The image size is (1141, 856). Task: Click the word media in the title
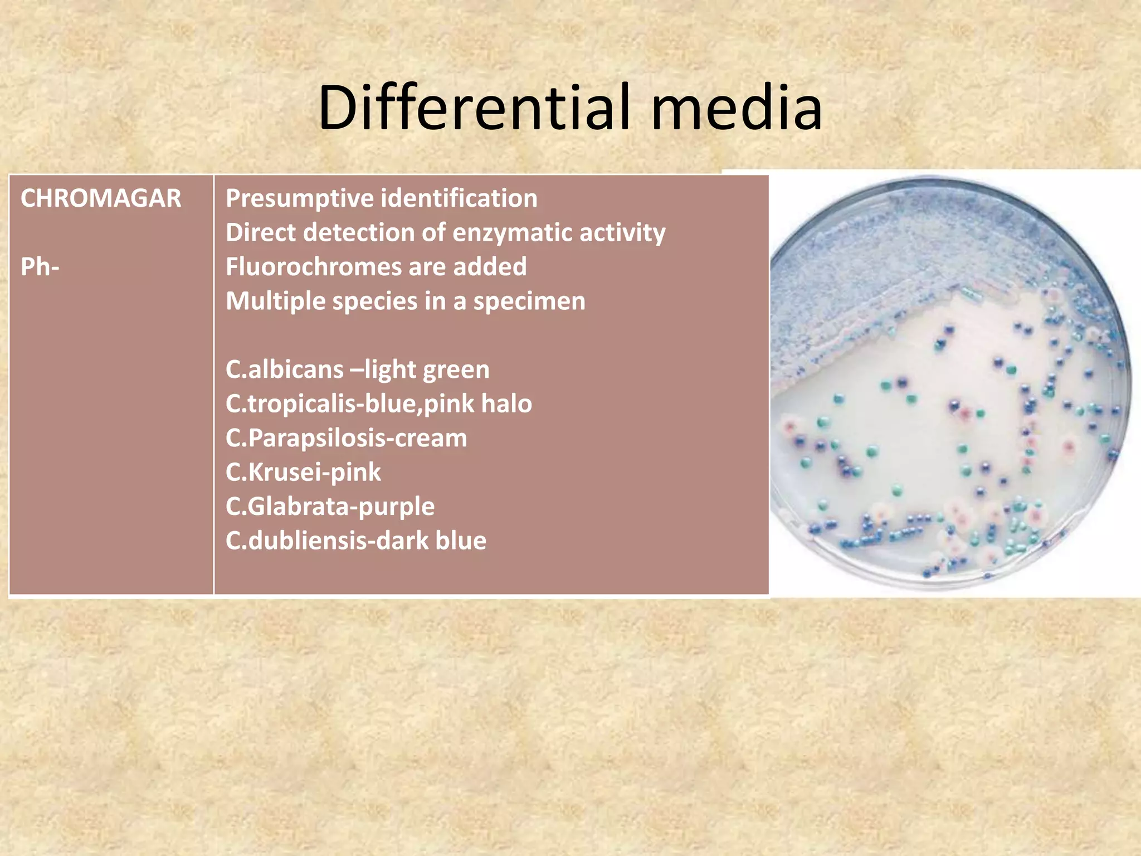click(737, 108)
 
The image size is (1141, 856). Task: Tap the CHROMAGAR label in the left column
click(101, 198)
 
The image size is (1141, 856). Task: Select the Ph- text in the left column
click(40, 267)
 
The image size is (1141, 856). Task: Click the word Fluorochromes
click(313, 267)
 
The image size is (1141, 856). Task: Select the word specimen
click(529, 301)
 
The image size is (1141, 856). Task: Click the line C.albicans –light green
click(357, 369)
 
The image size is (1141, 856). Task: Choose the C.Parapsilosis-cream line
click(346, 438)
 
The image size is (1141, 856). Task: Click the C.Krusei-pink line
click(303, 472)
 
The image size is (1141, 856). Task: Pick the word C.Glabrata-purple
click(330, 507)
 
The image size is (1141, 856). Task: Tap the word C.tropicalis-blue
click(321, 403)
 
